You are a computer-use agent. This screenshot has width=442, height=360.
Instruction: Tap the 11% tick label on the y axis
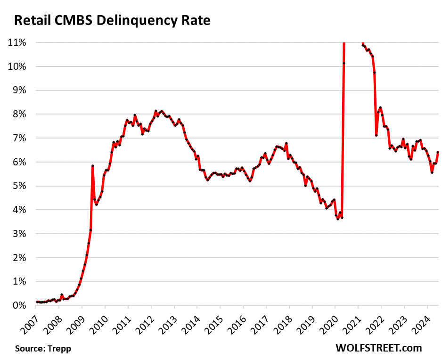(17, 42)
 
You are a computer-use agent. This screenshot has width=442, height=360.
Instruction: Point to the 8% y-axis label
(19, 114)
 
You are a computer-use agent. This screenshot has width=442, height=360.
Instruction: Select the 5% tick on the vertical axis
(19, 186)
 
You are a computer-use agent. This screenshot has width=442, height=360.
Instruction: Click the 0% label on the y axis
(19, 305)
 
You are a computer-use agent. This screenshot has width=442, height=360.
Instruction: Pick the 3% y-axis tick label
(19, 234)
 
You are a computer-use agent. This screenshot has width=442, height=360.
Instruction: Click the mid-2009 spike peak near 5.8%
(92, 166)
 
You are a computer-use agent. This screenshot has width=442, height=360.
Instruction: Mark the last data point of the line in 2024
(438, 152)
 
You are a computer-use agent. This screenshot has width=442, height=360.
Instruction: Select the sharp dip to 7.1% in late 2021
(376, 135)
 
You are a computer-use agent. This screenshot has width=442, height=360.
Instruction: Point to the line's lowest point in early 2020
(337, 219)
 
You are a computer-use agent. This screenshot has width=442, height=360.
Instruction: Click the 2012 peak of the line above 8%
(156, 111)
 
